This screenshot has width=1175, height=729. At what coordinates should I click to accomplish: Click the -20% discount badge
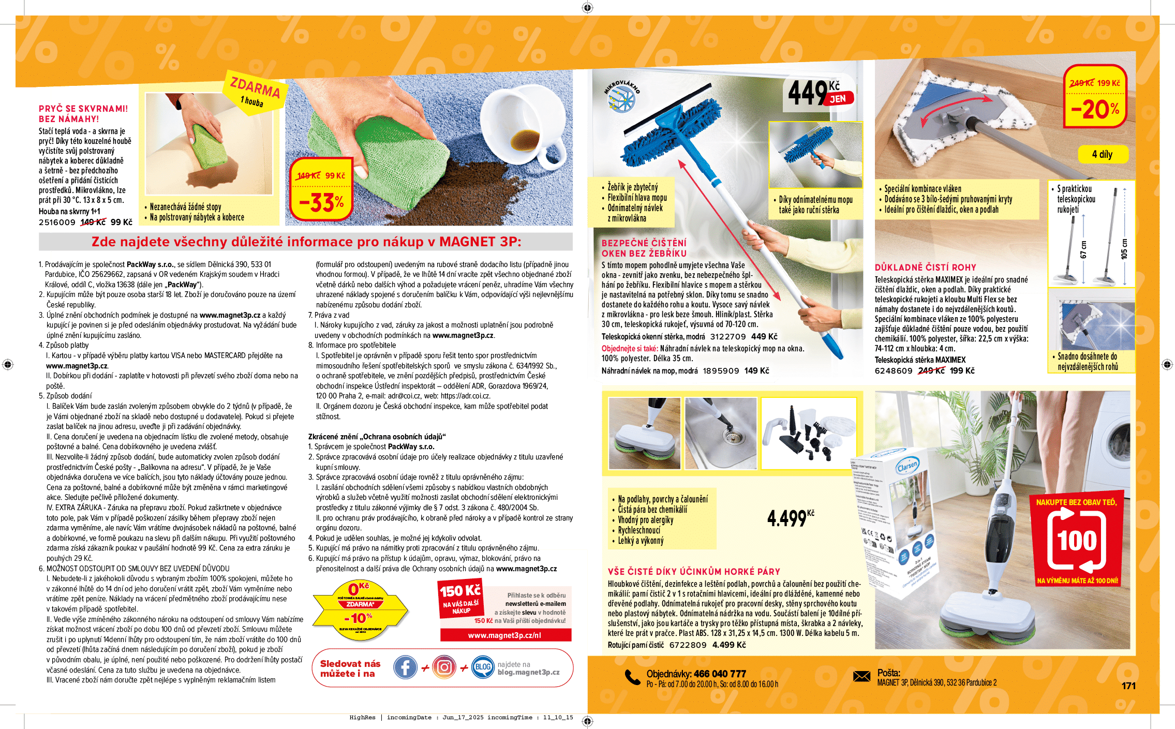[1095, 97]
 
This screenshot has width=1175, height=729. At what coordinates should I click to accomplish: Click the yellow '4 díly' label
[1102, 154]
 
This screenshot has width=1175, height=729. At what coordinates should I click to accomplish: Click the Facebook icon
[405, 667]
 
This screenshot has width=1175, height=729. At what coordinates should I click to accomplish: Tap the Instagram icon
[444, 667]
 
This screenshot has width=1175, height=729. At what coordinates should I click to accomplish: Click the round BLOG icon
[483, 667]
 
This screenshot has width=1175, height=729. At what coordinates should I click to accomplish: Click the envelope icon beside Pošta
[861, 676]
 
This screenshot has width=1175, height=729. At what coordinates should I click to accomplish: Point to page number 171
[1128, 686]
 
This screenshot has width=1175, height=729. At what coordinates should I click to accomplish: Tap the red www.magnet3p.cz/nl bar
[505, 635]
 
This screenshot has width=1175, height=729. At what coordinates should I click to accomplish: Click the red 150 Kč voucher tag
[460, 598]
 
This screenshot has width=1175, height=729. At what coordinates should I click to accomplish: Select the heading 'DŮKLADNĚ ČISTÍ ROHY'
[925, 267]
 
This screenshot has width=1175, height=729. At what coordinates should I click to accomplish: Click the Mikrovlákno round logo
[621, 96]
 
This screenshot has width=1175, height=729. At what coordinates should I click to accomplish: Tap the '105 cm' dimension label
[1124, 249]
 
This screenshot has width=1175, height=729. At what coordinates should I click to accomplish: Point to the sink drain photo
[720, 434]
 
